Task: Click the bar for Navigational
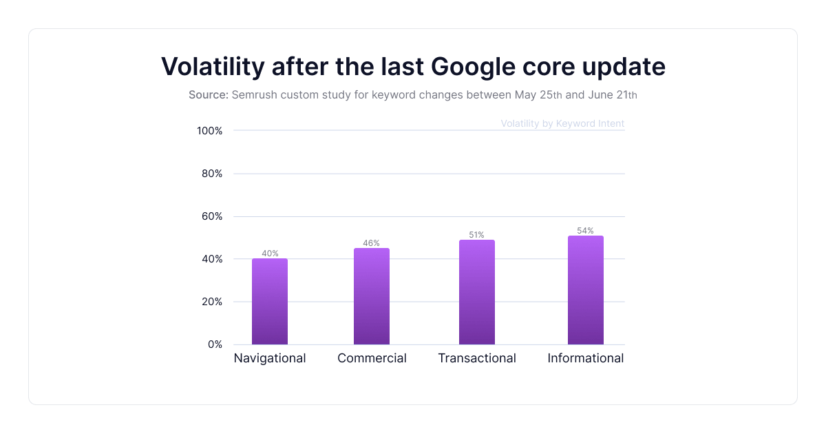pyautogui.click(x=270, y=302)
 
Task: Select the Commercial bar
pyautogui.click(x=372, y=296)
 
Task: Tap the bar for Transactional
pyautogui.click(x=477, y=292)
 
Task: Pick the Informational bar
pyautogui.click(x=586, y=290)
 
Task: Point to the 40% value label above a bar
pyautogui.click(x=270, y=254)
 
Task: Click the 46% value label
pyautogui.click(x=372, y=243)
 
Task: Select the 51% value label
pyautogui.click(x=477, y=235)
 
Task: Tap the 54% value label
pyautogui.click(x=586, y=231)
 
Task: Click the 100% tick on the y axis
pyautogui.click(x=209, y=131)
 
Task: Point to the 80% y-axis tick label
pyautogui.click(x=212, y=174)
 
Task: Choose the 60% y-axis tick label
pyautogui.click(x=212, y=216)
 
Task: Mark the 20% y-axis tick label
pyautogui.click(x=212, y=302)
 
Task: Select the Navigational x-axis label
pyautogui.click(x=270, y=358)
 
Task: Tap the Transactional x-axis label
pyautogui.click(x=477, y=358)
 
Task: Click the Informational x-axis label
pyautogui.click(x=586, y=358)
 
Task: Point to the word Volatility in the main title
pyautogui.click(x=213, y=67)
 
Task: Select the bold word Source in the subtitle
pyautogui.click(x=208, y=95)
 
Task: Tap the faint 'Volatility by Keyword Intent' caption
pyautogui.click(x=562, y=124)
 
